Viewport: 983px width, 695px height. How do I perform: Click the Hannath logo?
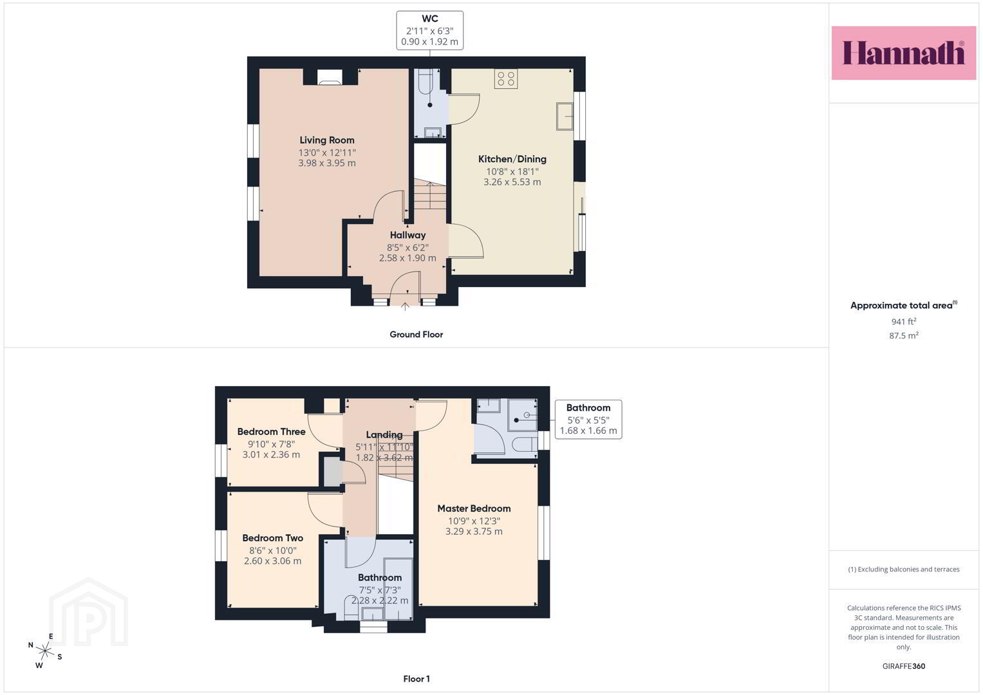click(x=904, y=53)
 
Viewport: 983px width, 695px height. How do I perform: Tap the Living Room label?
click(x=327, y=140)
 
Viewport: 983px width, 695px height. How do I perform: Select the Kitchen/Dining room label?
click(x=512, y=159)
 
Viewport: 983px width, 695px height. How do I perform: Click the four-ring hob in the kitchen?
click(x=506, y=79)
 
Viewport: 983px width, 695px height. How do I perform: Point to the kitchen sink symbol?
click(x=565, y=116)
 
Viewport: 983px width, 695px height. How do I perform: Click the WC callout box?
click(x=429, y=30)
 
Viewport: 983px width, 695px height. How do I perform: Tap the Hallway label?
click(x=407, y=235)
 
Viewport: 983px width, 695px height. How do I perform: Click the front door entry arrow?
click(x=405, y=306)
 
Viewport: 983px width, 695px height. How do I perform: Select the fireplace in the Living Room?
click(x=330, y=77)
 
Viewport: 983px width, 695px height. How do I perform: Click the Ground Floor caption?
click(x=416, y=335)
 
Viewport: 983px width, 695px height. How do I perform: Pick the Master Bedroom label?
click(x=474, y=508)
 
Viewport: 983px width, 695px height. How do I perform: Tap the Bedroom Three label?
click(x=271, y=432)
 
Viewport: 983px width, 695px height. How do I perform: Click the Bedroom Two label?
click(x=272, y=538)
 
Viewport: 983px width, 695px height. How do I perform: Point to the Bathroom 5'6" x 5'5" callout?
click(x=588, y=419)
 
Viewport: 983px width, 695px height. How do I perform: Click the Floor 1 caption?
click(x=417, y=679)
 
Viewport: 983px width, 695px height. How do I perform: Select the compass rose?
click(x=45, y=651)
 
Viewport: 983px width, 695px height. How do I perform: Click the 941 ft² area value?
click(x=904, y=321)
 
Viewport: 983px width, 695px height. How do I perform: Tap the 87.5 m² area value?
click(x=904, y=335)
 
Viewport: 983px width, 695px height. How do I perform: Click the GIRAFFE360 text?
click(x=904, y=666)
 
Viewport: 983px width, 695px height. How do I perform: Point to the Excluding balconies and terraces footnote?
click(x=904, y=569)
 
